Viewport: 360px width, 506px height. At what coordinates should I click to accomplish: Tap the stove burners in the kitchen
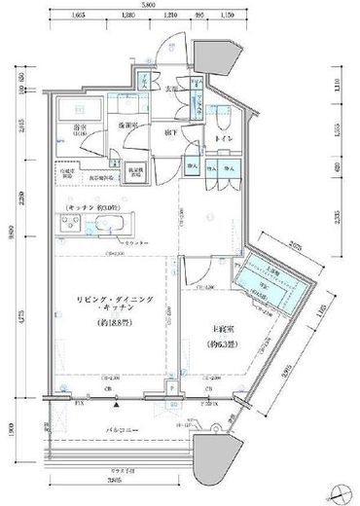pyautogui.click(x=73, y=222)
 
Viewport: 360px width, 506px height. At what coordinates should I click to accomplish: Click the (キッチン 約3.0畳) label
pyautogui.click(x=94, y=208)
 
